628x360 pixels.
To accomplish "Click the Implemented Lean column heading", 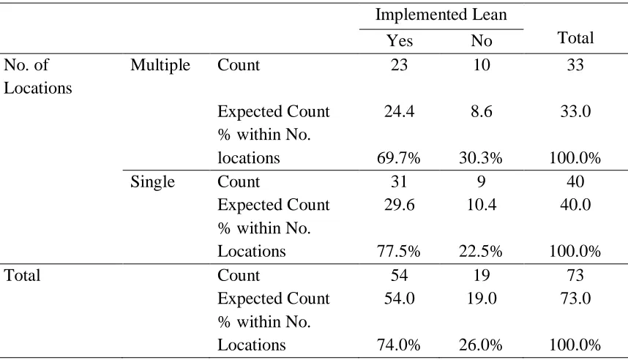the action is coord(441,15).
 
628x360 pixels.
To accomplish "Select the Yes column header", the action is coord(400,41).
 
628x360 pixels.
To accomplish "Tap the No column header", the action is coord(482,41).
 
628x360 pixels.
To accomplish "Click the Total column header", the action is coord(575,37).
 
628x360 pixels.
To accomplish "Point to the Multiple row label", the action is coord(160,65).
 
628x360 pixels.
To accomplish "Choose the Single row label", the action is coord(152,181).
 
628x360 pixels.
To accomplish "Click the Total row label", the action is coord(22,276).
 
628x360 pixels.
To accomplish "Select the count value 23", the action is coord(400,65).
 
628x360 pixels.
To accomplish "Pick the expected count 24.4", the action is coord(400,111).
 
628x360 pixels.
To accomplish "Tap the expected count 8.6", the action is coord(482,111).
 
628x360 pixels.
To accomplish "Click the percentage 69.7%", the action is coord(398,158).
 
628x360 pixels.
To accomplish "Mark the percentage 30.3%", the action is coord(481,158).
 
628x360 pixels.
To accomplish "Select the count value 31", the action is coord(400,181).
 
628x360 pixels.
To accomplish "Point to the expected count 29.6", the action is coord(400,205).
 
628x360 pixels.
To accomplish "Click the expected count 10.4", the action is coord(482,205).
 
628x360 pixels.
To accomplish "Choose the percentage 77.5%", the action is coord(398,252).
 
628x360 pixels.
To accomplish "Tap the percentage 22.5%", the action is coord(481,252).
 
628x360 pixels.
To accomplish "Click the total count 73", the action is coord(575,276).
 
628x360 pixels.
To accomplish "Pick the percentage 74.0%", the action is coord(398,345).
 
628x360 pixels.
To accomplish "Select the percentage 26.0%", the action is coord(481,345).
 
